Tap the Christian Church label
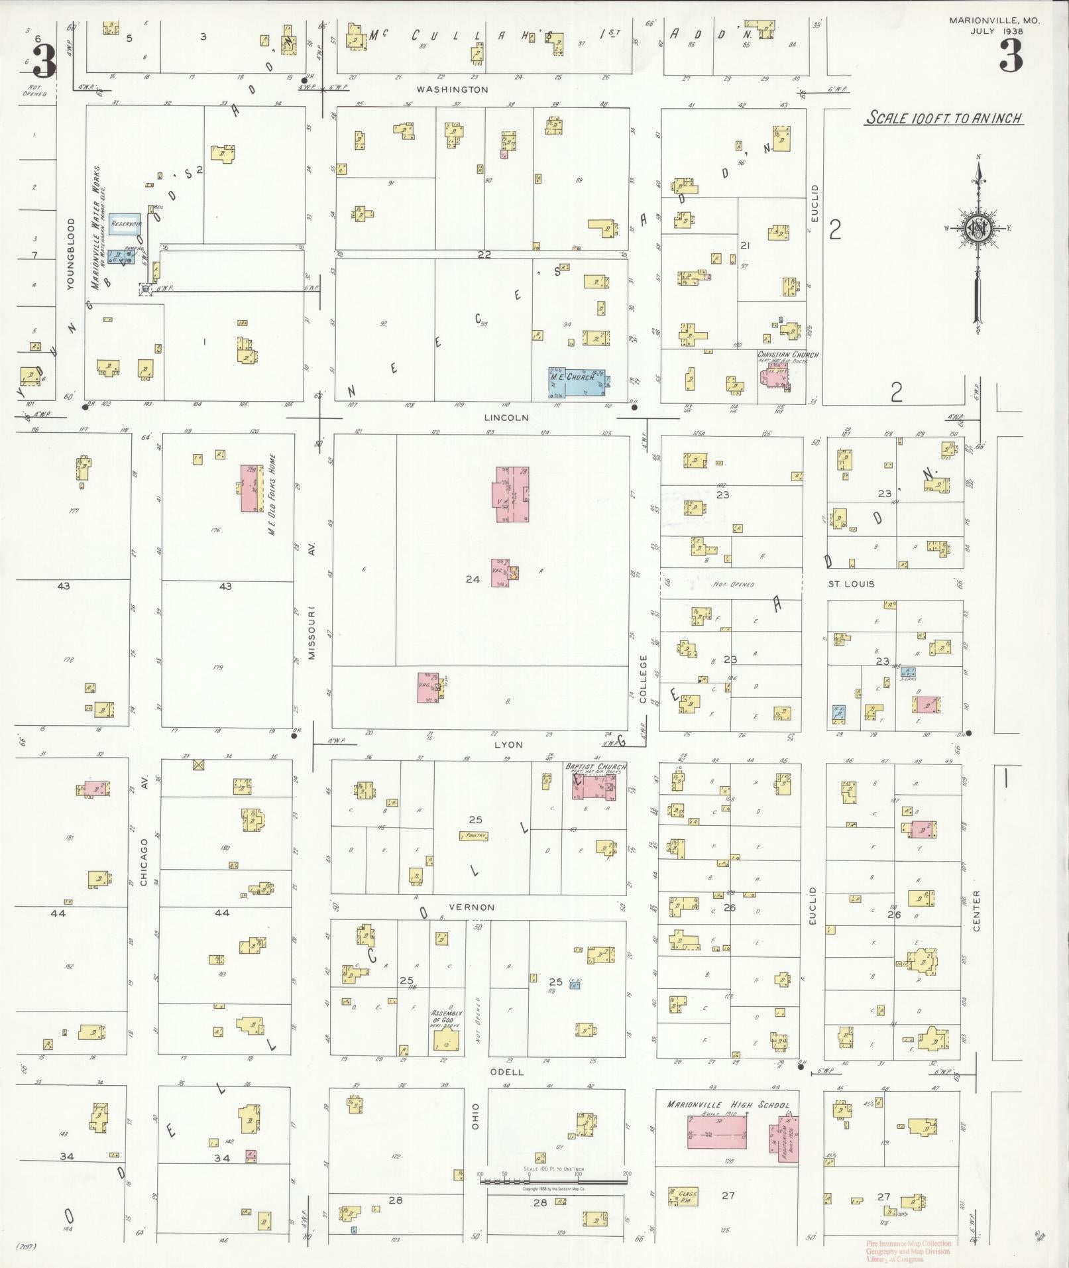[787, 355]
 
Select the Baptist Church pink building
[594, 787]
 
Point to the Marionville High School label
[728, 1105]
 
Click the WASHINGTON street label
[453, 89]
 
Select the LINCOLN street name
[506, 418]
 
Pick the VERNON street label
[471, 907]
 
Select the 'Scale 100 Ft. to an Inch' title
[943, 119]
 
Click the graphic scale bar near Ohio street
[553, 1180]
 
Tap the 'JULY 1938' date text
[997, 30]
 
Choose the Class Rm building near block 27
[683, 1194]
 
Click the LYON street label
[508, 744]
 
